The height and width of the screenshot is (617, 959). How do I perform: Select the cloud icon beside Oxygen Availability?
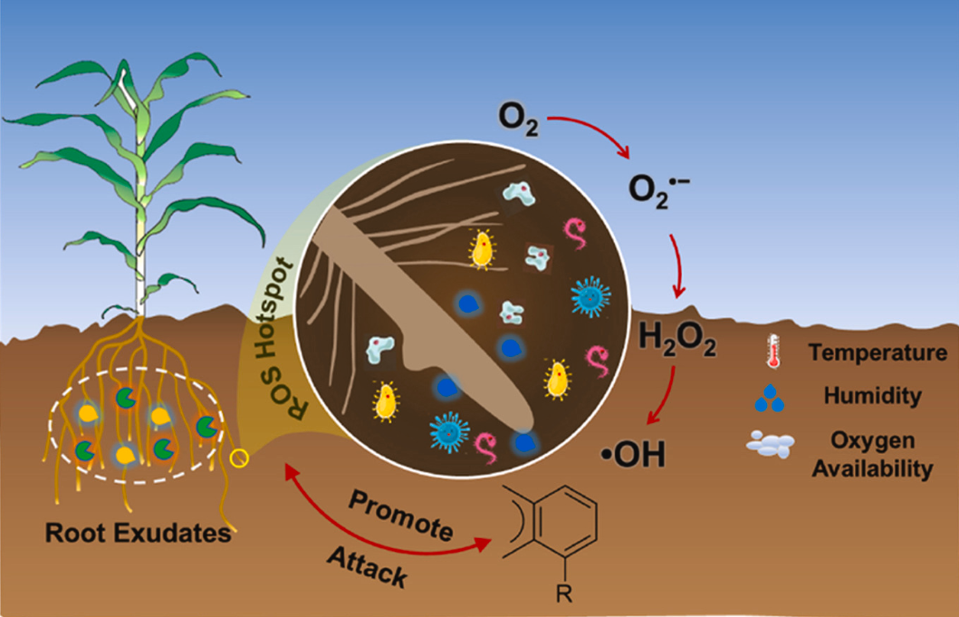(x=771, y=444)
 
